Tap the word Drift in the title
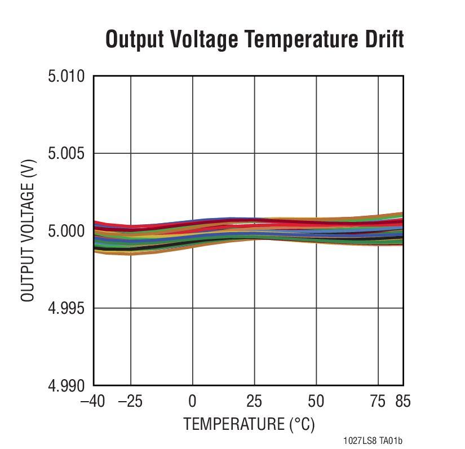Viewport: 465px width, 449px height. pos(384,40)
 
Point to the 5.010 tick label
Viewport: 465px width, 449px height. pos(66,76)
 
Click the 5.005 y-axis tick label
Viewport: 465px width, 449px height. pos(66,154)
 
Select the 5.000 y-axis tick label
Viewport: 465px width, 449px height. pos(66,231)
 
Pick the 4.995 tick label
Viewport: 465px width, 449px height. pos(66,309)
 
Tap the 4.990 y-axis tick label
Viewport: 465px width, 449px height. pos(66,386)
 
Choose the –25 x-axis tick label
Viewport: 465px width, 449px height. pos(131,401)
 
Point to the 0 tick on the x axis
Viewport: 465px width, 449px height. pos(193,401)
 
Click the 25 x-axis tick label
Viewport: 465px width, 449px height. pos(254,401)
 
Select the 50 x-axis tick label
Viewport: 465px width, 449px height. pos(316,401)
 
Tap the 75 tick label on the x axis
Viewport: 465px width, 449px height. pos(378,401)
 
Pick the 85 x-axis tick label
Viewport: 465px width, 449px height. pos(402,401)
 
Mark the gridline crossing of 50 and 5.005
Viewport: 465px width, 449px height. pos(316,153)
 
